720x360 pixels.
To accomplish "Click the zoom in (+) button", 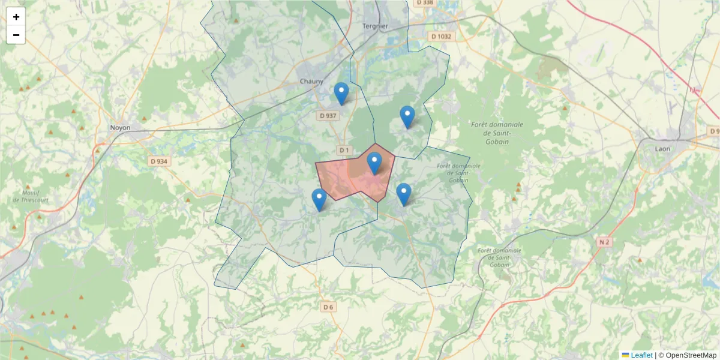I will point(16,17).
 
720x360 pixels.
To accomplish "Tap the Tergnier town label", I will point(376,26).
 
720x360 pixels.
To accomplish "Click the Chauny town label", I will point(311,82).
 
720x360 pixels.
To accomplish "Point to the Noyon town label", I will point(120,128).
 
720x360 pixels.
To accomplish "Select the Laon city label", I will point(662,148).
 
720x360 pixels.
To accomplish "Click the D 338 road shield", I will point(424,3).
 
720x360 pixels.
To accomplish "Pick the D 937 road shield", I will point(328,116).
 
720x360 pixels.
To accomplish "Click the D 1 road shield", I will point(344,149).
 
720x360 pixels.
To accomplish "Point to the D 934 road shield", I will point(159,161).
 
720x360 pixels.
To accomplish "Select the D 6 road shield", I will point(328,307).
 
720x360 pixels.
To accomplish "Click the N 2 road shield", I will point(604,242).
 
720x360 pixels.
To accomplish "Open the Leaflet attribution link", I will point(641,355).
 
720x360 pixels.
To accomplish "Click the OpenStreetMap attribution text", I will point(691,355).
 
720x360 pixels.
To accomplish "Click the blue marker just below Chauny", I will point(341,93).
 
